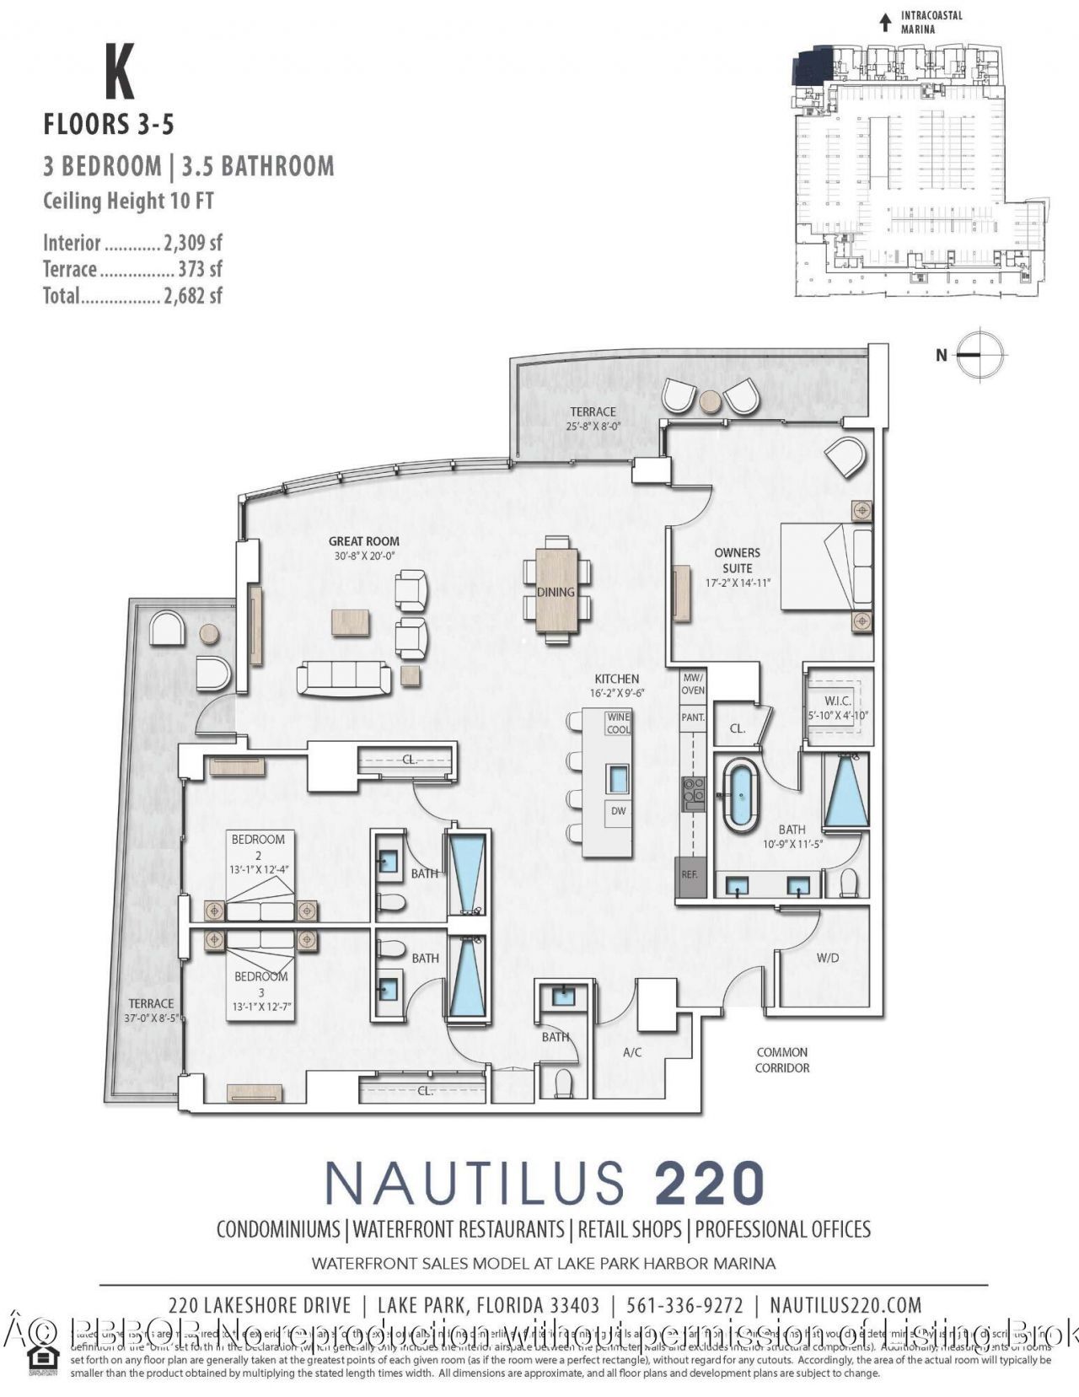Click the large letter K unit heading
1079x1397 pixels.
click(x=120, y=73)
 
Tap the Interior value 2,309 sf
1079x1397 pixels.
click(x=193, y=244)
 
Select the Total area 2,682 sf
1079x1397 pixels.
click(x=193, y=296)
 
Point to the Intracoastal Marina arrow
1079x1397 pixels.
click(x=885, y=22)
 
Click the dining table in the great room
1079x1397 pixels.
click(x=556, y=590)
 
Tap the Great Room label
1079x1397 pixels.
click(x=365, y=541)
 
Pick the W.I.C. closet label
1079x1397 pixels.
click(x=837, y=701)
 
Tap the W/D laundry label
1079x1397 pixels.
click(x=828, y=958)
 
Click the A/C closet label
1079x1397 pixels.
click(x=632, y=1052)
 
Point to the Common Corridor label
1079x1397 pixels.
click(x=781, y=1060)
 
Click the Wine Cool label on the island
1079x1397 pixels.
click(x=619, y=723)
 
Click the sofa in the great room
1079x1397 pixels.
click(x=344, y=678)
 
